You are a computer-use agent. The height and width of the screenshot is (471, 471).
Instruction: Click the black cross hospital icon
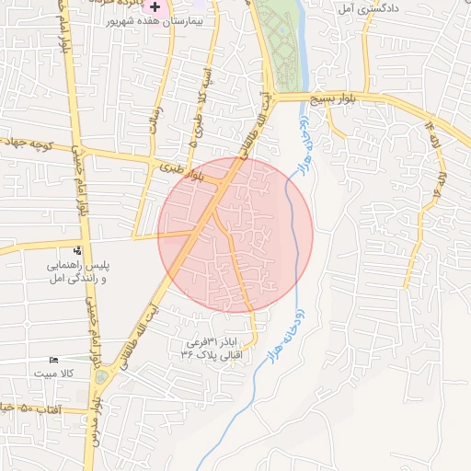coord(155,6)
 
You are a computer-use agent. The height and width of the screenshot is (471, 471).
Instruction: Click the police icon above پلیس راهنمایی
coord(76,250)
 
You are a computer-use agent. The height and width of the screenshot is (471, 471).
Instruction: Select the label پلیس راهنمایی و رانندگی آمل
coord(77,270)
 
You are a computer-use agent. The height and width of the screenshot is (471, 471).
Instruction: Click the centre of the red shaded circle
coord(235,235)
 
